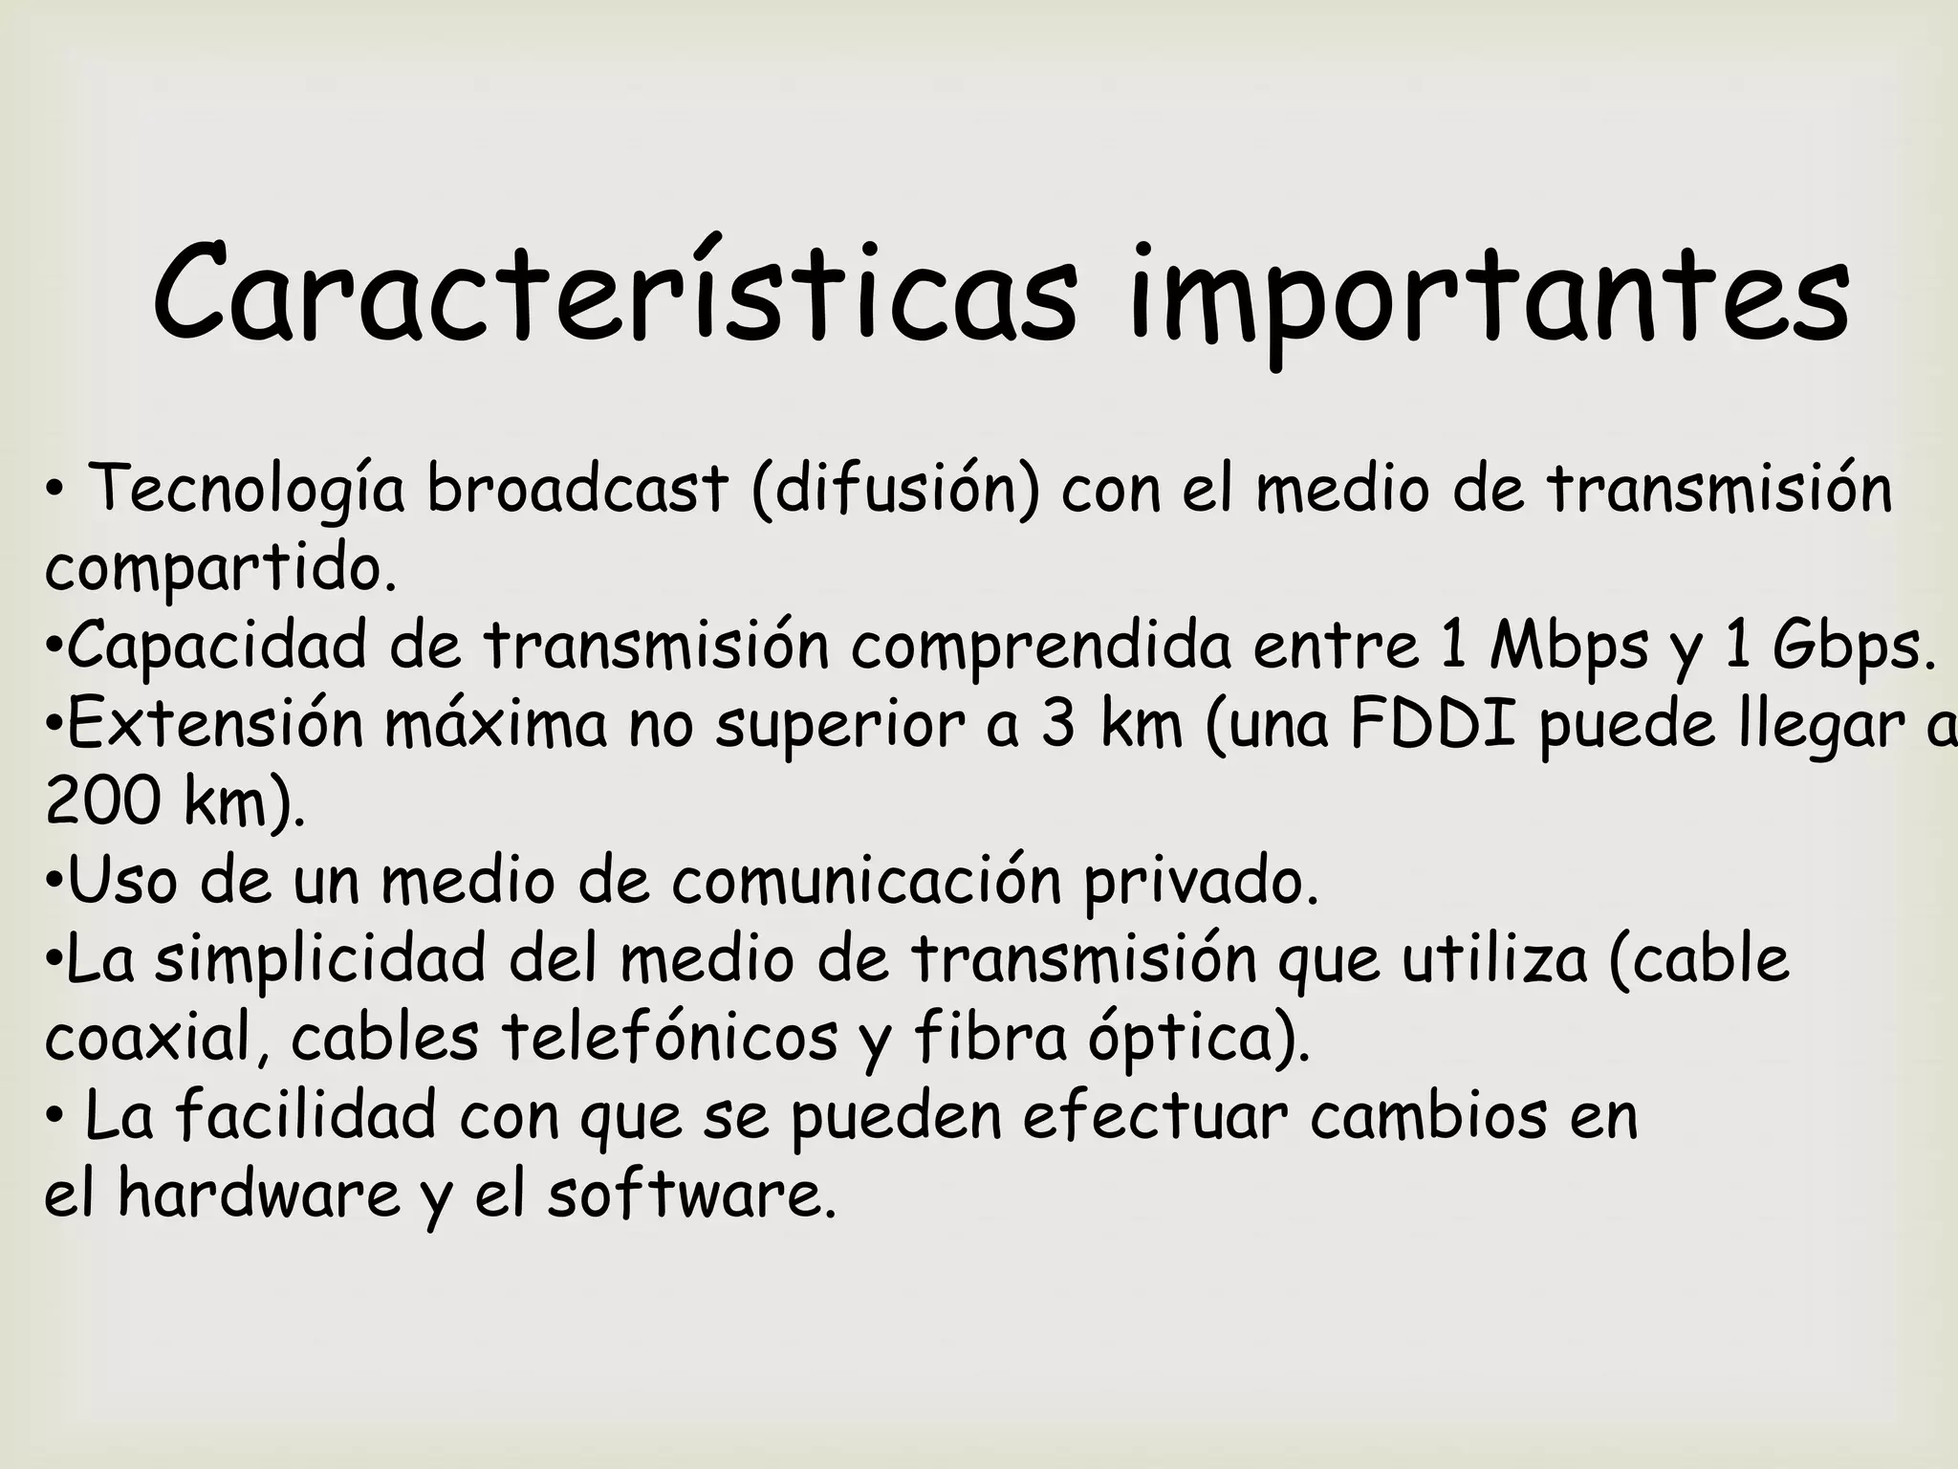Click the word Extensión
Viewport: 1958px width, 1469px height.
coord(216,724)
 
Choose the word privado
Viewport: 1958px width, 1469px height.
coord(1201,882)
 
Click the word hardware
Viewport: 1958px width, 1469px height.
coord(259,1195)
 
